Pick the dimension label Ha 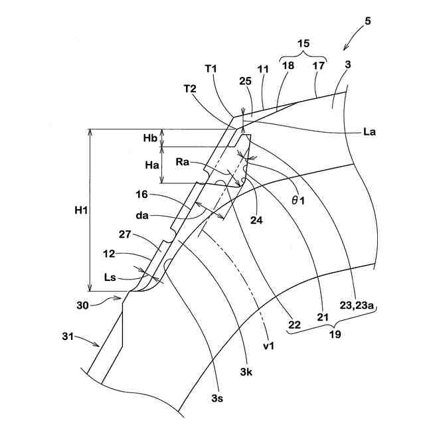point(150,165)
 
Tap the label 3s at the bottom point(217,398)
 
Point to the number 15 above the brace point(303,42)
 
